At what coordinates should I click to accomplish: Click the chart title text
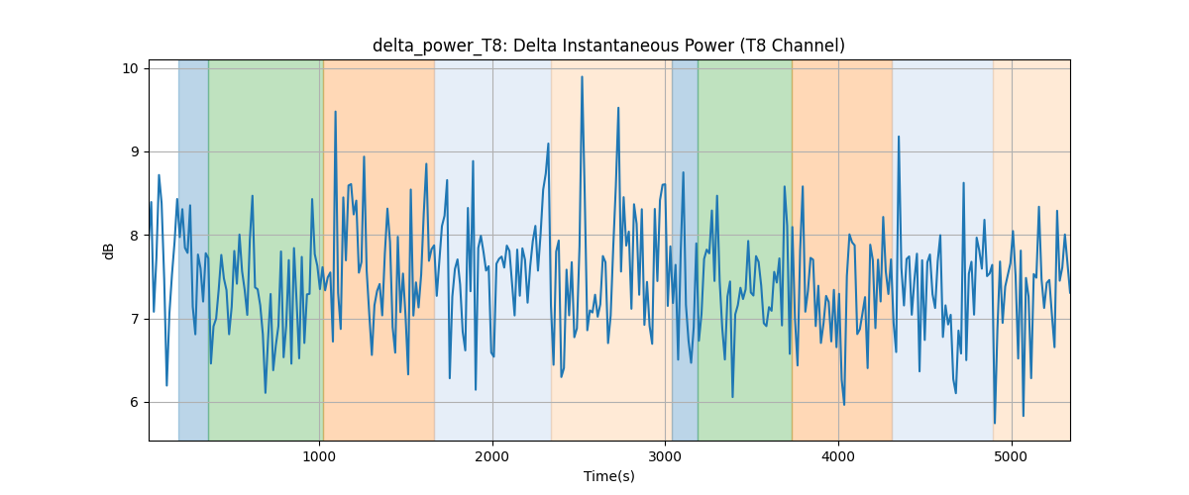[x=608, y=47]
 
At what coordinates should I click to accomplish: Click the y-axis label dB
[x=108, y=251]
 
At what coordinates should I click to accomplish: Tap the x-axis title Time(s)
[x=608, y=476]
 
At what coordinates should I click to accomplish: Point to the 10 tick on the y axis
[x=130, y=69]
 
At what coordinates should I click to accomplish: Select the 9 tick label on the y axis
[x=134, y=152]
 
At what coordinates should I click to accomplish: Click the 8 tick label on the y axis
[x=134, y=236]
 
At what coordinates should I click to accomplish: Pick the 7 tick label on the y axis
[x=134, y=319]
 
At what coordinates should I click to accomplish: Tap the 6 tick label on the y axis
[x=134, y=402]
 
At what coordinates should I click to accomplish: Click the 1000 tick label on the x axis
[x=319, y=457]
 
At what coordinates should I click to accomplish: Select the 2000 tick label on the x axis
[x=492, y=457]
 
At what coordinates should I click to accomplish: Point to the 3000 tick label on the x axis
[x=665, y=457]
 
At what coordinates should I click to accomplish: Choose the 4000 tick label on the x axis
[x=838, y=457]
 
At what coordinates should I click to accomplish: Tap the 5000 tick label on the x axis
[x=1012, y=457]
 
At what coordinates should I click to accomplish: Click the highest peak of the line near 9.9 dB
[x=582, y=77]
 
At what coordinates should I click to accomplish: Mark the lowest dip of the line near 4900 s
[x=994, y=423]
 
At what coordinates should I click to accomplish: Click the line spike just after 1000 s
[x=335, y=112]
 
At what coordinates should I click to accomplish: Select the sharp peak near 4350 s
[x=898, y=137]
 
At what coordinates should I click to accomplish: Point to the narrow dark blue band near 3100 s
[x=685, y=249]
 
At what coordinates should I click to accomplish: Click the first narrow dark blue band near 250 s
[x=193, y=249]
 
